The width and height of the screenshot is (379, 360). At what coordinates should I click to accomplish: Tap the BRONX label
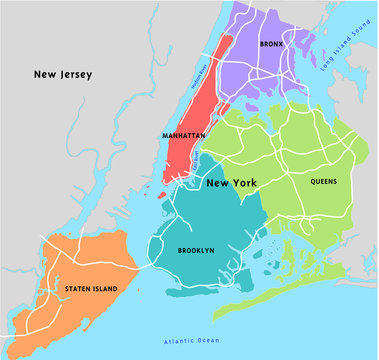(272, 45)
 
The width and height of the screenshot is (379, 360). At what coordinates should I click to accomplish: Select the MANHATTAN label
(183, 134)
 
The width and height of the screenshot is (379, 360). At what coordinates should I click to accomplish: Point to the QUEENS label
(322, 182)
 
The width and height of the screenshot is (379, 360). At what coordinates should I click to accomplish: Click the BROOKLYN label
(195, 250)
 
